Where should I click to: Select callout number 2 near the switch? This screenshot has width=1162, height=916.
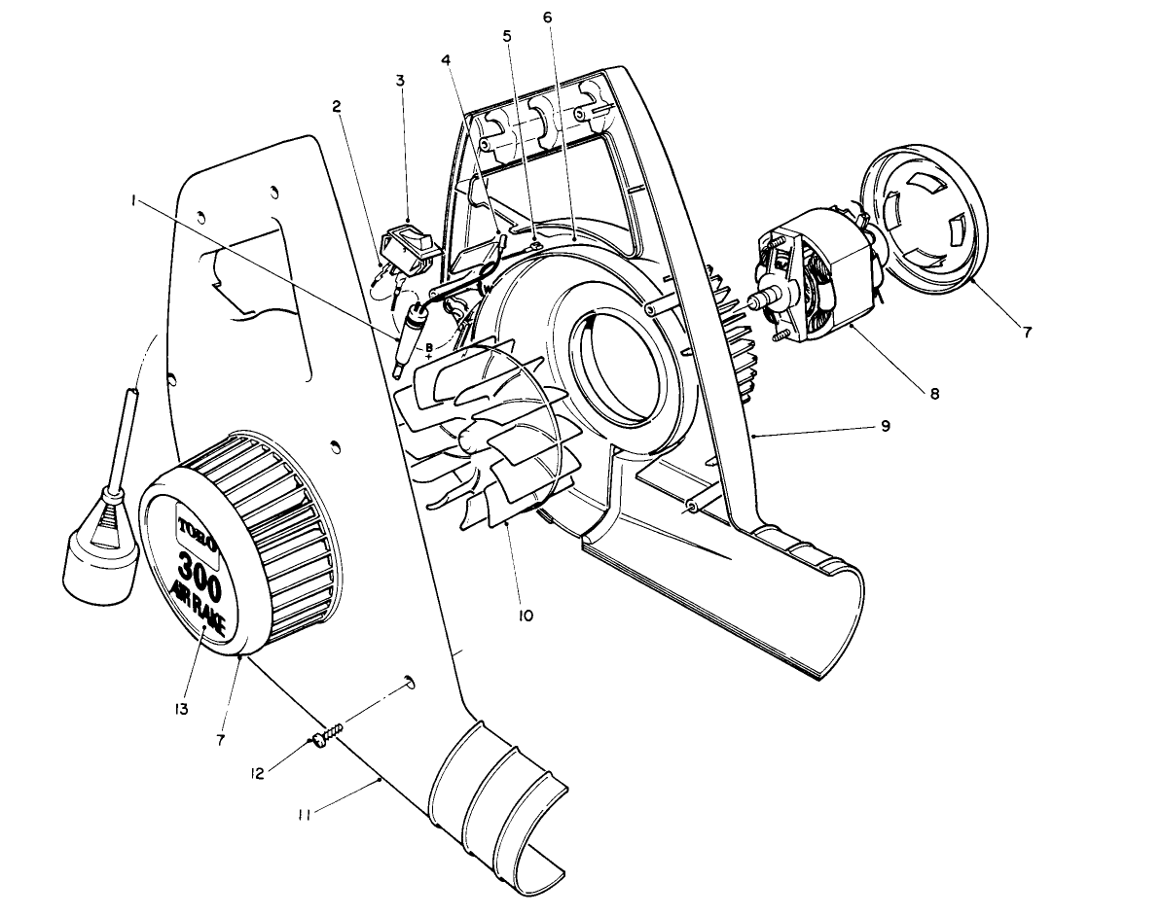[336, 106]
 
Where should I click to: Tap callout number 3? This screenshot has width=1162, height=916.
[400, 81]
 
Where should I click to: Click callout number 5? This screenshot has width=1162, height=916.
[507, 36]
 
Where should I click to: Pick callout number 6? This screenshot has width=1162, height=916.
[547, 19]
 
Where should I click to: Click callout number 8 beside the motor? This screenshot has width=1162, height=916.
[933, 394]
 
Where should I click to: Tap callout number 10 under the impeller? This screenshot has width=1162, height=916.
[526, 615]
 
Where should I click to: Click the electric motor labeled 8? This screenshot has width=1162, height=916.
[817, 282]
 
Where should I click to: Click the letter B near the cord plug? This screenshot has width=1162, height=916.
[428, 347]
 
